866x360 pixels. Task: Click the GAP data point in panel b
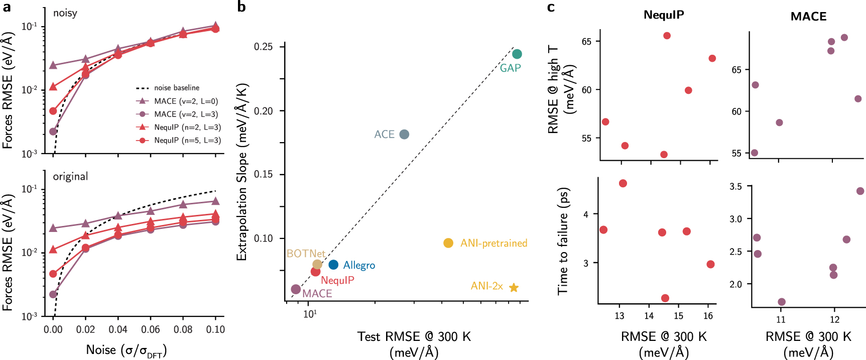(517, 54)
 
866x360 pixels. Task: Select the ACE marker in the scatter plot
(404, 134)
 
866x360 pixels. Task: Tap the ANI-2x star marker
(514, 288)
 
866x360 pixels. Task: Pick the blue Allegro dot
(333, 265)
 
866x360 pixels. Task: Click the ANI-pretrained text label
(493, 243)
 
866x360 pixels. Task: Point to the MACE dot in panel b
(296, 289)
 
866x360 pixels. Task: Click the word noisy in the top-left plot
(65, 13)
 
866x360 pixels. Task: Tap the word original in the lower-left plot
(70, 177)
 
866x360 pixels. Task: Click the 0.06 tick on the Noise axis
(150, 330)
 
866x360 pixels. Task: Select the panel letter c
(551, 7)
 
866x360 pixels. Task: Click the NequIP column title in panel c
(663, 15)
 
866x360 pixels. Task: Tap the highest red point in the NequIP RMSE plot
(667, 36)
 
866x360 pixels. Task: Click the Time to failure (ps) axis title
(563, 241)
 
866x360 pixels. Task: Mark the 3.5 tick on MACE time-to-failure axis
(735, 187)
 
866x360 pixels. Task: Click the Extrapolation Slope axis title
(242, 172)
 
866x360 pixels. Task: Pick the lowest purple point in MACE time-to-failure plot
(782, 302)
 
